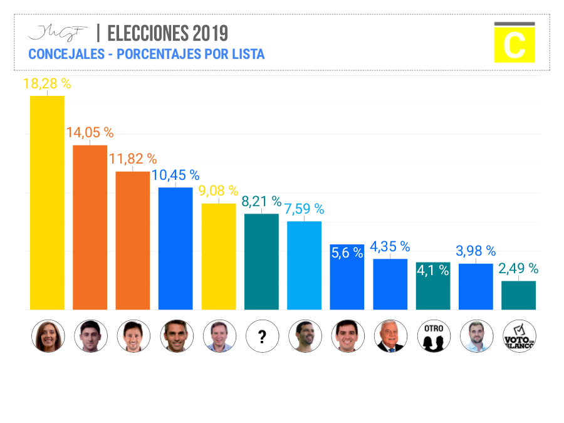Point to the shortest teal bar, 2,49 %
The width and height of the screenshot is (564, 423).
[518, 295]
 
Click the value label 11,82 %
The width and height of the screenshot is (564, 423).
[133, 159]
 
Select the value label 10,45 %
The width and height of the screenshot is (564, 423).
[175, 175]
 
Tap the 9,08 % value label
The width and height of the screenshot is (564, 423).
[219, 191]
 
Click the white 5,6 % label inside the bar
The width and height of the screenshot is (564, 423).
[347, 253]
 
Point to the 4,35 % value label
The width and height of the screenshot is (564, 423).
[390, 247]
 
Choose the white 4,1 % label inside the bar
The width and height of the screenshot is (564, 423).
[432, 271]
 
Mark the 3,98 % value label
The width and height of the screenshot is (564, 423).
[476, 251]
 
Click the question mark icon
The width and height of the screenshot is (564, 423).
[262, 337]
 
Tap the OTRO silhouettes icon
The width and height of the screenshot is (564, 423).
[433, 337]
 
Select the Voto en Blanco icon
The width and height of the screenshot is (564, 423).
[519, 337]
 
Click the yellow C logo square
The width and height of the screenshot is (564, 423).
[514, 44]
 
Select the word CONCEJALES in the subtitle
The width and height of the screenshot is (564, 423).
[66, 54]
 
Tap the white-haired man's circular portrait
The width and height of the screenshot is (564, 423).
[390, 337]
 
